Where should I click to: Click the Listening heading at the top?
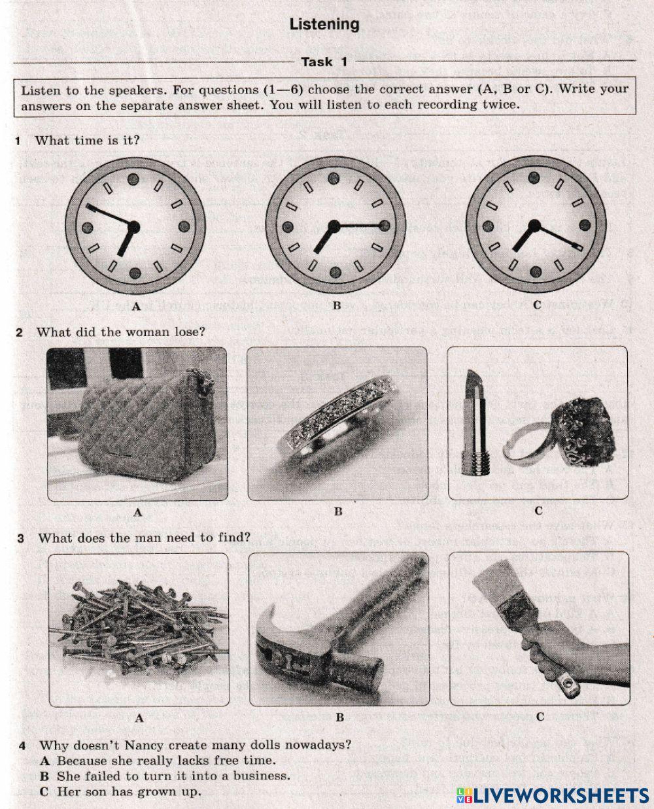click(324, 25)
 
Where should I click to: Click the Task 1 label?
click(324, 62)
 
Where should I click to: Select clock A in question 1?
click(135, 227)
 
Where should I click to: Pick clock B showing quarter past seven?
click(336, 226)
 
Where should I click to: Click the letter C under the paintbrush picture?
click(540, 716)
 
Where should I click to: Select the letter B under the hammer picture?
click(340, 717)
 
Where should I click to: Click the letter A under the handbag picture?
click(137, 513)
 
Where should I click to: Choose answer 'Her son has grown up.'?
click(120, 791)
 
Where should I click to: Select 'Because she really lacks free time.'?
click(158, 760)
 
